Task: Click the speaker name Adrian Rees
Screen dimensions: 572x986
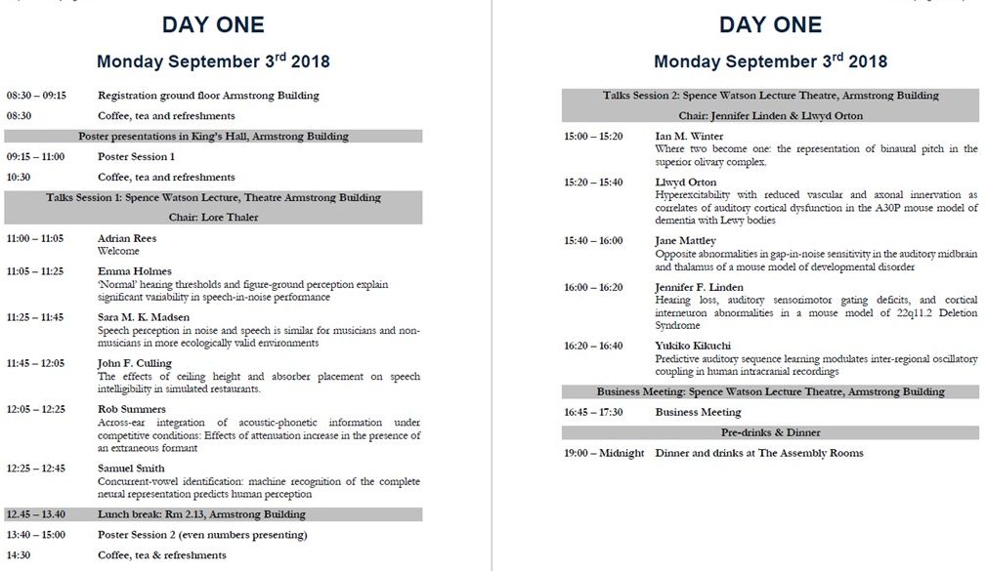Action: (x=127, y=238)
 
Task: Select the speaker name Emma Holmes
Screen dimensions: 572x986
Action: (x=134, y=271)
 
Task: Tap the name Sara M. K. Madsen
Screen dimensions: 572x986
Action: (x=144, y=317)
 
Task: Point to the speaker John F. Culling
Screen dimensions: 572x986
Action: (x=135, y=363)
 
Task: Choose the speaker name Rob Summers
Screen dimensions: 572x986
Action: (x=132, y=409)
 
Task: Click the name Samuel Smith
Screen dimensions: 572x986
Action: (x=131, y=469)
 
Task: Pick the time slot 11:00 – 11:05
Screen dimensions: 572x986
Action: (x=35, y=238)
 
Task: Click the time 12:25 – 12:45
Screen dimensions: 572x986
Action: (x=36, y=469)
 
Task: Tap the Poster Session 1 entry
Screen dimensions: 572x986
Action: (x=136, y=156)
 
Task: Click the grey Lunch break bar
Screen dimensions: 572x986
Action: (x=213, y=514)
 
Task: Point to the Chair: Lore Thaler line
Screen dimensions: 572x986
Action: (x=213, y=217)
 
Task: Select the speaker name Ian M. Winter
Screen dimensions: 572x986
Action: (x=689, y=136)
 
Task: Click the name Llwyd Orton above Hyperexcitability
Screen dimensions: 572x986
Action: (x=686, y=183)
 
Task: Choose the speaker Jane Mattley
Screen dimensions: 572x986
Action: (x=685, y=241)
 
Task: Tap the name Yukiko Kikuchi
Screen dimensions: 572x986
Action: (x=693, y=346)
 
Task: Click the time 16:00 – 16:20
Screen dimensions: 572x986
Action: (x=593, y=288)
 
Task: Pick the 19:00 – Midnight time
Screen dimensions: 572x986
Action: (x=604, y=453)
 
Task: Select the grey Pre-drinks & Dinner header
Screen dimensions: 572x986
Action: (x=770, y=432)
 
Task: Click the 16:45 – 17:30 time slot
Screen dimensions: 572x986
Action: (x=593, y=412)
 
